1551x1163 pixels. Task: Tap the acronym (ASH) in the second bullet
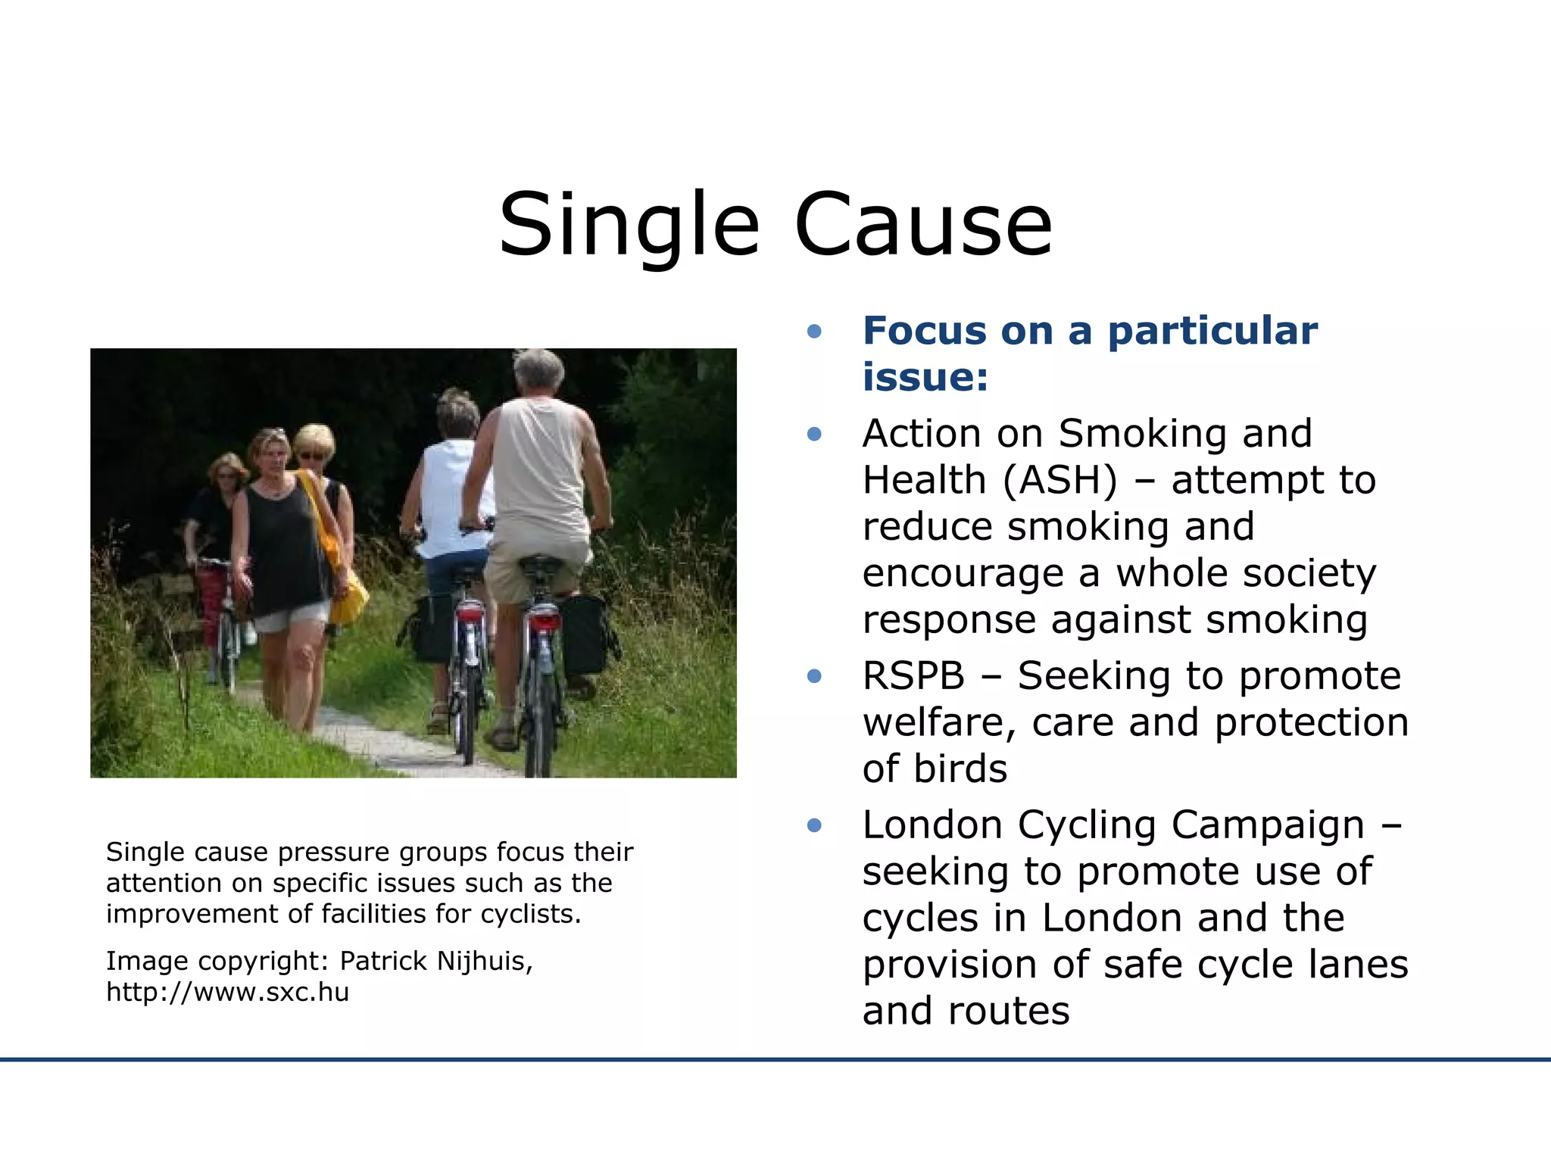click(x=1059, y=480)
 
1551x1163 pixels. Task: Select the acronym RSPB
click(x=913, y=675)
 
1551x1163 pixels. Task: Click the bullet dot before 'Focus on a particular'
click(x=814, y=331)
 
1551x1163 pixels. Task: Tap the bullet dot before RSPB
click(x=814, y=675)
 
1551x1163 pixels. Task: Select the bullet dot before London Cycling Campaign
click(x=814, y=825)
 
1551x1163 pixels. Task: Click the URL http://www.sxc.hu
click(x=227, y=992)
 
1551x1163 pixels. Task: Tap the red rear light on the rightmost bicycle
click(x=543, y=621)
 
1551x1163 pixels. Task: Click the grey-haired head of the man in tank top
click(x=538, y=372)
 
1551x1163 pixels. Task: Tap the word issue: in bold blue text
click(x=925, y=377)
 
